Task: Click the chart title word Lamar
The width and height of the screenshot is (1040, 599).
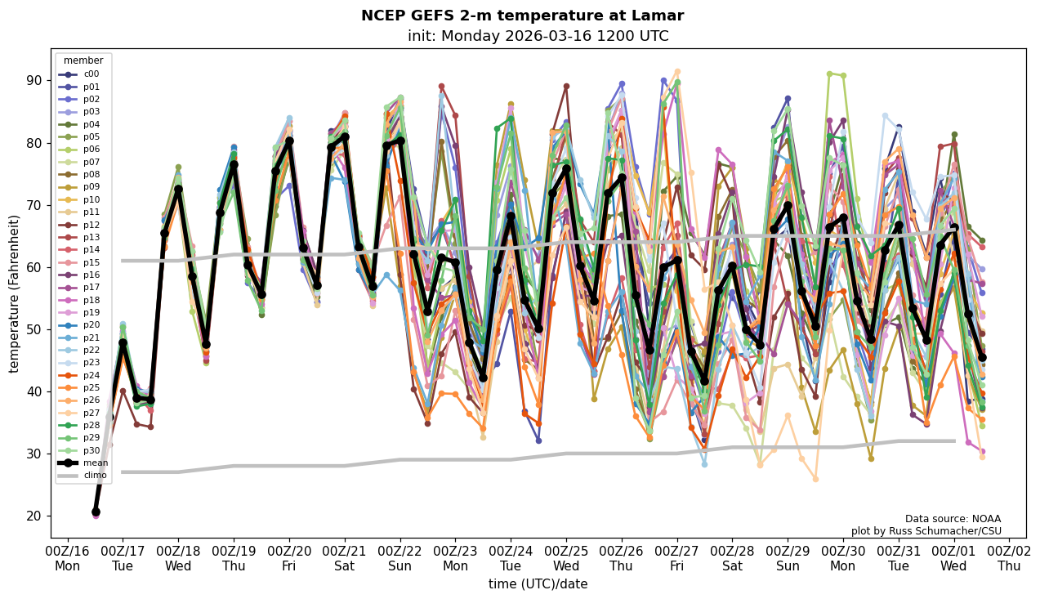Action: tap(657, 16)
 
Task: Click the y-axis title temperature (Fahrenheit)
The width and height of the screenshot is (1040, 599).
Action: tap(15, 293)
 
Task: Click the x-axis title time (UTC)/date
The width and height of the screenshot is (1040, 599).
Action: tap(538, 584)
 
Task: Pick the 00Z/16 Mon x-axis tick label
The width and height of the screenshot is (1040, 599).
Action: tap(67, 558)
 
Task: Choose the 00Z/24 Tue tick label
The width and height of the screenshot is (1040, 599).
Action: tap(511, 558)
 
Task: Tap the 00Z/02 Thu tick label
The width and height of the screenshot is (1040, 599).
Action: tap(1010, 558)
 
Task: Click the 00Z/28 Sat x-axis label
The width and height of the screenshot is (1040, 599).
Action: tap(732, 558)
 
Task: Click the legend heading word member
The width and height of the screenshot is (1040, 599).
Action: tap(83, 60)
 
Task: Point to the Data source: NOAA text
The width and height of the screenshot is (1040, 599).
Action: tap(953, 519)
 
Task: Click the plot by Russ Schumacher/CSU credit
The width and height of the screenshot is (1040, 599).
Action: tap(926, 531)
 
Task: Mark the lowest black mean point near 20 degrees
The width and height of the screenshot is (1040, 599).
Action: tap(96, 512)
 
